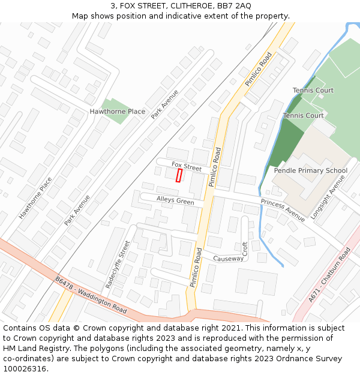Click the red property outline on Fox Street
pos(179,175)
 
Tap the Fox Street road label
pos(187,166)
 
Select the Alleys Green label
pos(175,200)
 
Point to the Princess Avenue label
pos(283,209)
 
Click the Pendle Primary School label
pos(310,170)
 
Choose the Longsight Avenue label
pos(325,197)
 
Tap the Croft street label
pos(245,248)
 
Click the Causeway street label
pos(229,259)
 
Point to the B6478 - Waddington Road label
pos(91,295)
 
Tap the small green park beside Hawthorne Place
pos(114,110)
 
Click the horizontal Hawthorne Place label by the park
pos(117,112)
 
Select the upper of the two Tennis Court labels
pos(313,91)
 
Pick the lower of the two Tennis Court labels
pos(303,116)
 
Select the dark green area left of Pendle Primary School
pos(285,143)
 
